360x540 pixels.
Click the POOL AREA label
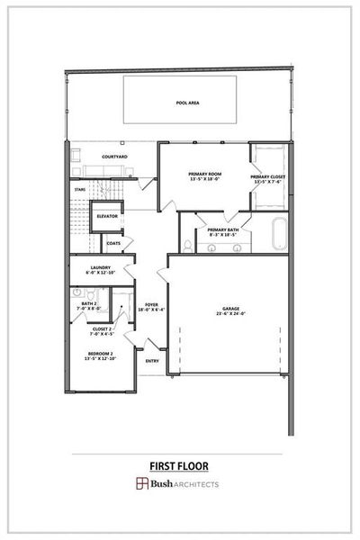(x=188, y=103)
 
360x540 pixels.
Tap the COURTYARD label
(x=114, y=157)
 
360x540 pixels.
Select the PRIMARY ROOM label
(x=204, y=174)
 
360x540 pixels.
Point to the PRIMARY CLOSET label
(x=266, y=176)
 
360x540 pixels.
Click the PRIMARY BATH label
(x=222, y=229)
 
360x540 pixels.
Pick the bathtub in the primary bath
(x=278, y=235)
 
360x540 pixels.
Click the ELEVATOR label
(x=108, y=217)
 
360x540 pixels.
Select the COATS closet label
(x=113, y=243)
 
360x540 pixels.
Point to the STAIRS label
(x=79, y=190)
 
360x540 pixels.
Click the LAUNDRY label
(x=98, y=266)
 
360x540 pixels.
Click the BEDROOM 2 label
(x=100, y=353)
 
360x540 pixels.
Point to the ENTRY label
(x=152, y=361)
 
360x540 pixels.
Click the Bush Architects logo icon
(x=141, y=483)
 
